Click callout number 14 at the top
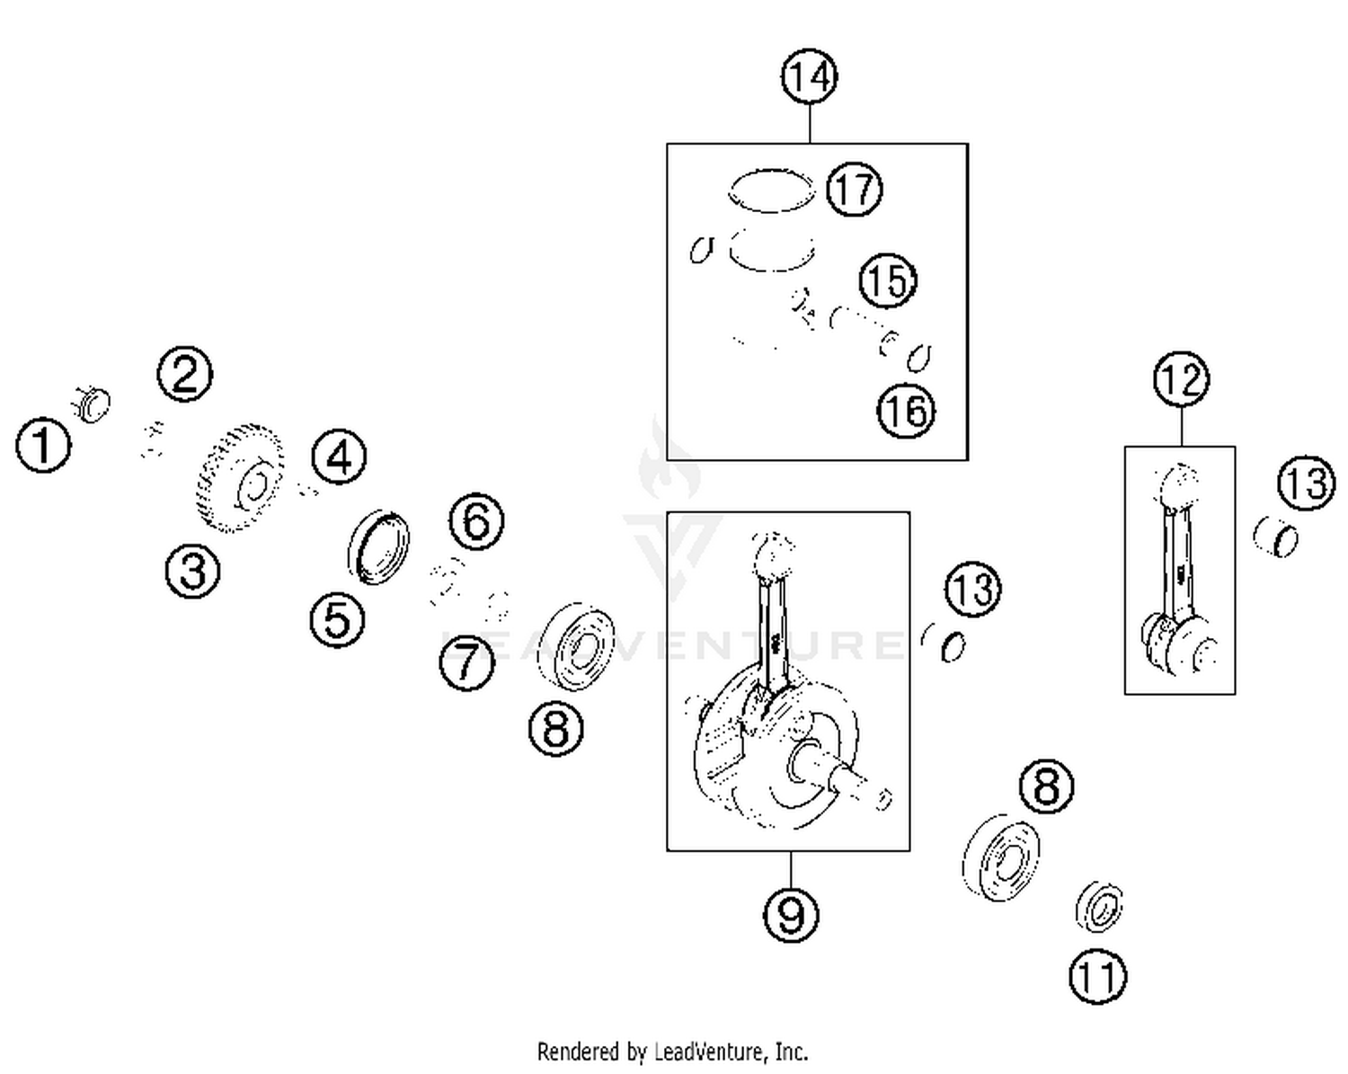point(809,77)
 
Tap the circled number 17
point(854,190)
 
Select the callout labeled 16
point(906,411)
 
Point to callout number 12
point(1181,379)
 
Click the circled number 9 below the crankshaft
point(791,914)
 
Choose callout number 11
point(1097,976)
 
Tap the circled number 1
point(43,443)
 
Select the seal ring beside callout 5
point(378,546)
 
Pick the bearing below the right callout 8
point(1001,858)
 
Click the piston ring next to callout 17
point(771,191)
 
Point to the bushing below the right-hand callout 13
point(1276,537)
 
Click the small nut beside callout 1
point(93,404)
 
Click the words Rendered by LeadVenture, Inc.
point(672,1051)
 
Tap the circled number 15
point(887,280)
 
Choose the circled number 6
point(476,520)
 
